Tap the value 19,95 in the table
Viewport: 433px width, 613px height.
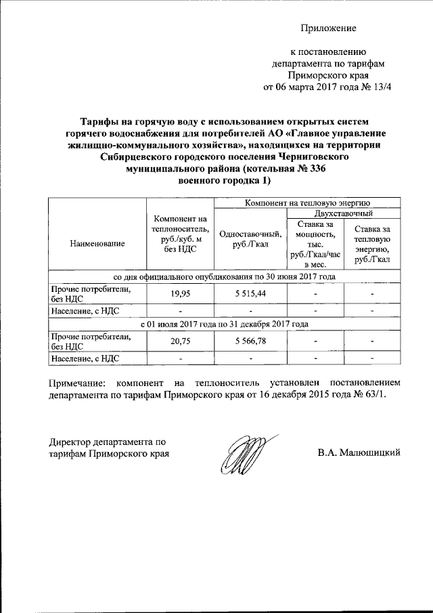[x=180, y=295]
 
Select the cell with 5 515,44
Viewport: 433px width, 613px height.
[x=250, y=295]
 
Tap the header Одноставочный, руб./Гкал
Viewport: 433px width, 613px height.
[x=250, y=238]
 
